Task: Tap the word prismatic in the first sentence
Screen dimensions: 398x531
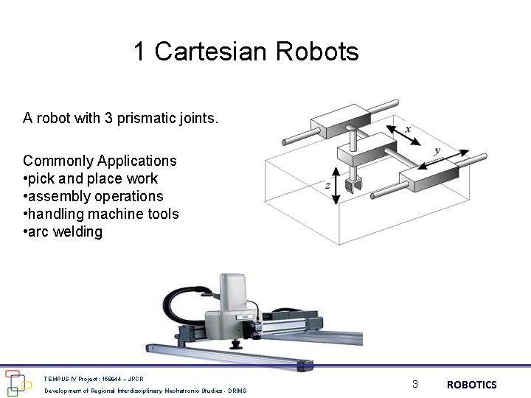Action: (x=152, y=118)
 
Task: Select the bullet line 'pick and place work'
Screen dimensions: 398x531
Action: (x=93, y=178)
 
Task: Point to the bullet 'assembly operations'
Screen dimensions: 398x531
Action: (x=95, y=196)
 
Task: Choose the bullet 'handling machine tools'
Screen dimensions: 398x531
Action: (x=103, y=214)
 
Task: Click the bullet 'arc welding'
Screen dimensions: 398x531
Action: (x=65, y=231)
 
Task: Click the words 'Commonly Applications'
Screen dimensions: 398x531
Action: (x=100, y=161)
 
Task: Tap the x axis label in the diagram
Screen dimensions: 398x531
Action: (x=409, y=129)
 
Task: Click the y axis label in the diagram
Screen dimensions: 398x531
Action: (x=437, y=150)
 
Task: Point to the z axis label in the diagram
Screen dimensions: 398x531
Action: (x=327, y=186)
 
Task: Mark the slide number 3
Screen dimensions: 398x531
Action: (x=415, y=384)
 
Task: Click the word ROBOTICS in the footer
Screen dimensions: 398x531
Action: (x=472, y=385)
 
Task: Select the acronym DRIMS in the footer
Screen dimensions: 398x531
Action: (x=237, y=391)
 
